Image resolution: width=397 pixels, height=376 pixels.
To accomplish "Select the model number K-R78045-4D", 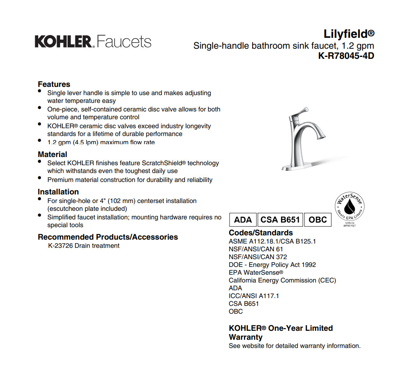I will pos(346,56).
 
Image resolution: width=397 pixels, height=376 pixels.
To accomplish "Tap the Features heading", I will pos(54,84).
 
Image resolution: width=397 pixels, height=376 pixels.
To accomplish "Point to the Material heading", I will pos(52,154).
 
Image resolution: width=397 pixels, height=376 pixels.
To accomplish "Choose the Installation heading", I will pos(58,192).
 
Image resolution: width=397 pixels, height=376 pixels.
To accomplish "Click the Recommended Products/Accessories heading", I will pos(108,237).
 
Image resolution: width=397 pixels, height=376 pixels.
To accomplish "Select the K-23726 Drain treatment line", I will pos(84,246).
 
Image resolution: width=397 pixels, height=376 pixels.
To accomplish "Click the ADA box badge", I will pos(243,220).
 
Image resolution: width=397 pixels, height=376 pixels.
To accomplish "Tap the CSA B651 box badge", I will pos(280,220).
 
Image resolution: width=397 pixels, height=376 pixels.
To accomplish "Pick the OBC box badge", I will pos(317,220).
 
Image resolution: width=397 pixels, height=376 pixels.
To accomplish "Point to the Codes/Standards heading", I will pos(261,233).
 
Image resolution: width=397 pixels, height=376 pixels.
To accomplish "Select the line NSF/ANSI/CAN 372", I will pos(258,257).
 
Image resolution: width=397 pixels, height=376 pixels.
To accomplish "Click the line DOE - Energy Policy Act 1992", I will pos(272,265).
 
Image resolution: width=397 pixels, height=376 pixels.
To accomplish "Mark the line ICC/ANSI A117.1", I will pos(254,296).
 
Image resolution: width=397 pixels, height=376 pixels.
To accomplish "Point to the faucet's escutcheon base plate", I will pos(296,167).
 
